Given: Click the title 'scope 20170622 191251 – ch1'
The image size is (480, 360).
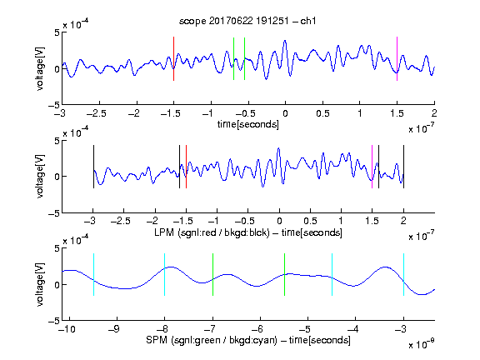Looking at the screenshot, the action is pos(247,21).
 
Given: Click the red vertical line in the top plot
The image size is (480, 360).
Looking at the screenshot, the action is pos(173,59).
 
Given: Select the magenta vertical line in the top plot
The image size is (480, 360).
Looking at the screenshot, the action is pos(397,59).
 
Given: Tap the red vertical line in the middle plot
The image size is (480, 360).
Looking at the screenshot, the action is pos(186,167).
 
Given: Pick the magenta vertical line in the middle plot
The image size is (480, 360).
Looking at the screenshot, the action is pos(372,167).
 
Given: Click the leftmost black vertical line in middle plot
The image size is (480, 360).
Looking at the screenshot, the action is pos(93,167).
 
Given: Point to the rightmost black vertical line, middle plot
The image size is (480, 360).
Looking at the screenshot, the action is pos(403,167).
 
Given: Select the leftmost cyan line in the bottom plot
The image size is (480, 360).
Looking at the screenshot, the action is pos(93,275).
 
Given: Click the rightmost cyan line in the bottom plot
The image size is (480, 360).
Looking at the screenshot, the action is pos(403,275).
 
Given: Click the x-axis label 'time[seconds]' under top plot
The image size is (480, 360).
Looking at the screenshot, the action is pos(248,124).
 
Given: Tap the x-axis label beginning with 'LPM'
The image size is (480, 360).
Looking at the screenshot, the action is pos(248,232).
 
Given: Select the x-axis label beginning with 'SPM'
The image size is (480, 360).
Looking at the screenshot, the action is pos(248,340).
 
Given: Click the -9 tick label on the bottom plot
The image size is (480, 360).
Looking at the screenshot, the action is pos(113,329).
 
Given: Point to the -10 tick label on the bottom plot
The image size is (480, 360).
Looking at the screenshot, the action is pos(67,329).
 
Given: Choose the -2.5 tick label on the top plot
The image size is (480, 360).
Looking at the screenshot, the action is pos(96,113).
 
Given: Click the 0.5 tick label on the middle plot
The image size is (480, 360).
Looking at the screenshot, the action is pos(310,222).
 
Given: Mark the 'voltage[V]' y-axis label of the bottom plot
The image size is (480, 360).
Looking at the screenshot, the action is pos(40,284).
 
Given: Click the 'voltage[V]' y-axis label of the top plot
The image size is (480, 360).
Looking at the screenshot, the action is pos(40,68).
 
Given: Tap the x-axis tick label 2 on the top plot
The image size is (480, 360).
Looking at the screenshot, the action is pos(434,113).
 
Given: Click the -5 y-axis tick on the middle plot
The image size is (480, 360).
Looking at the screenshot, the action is pos(54,213).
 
